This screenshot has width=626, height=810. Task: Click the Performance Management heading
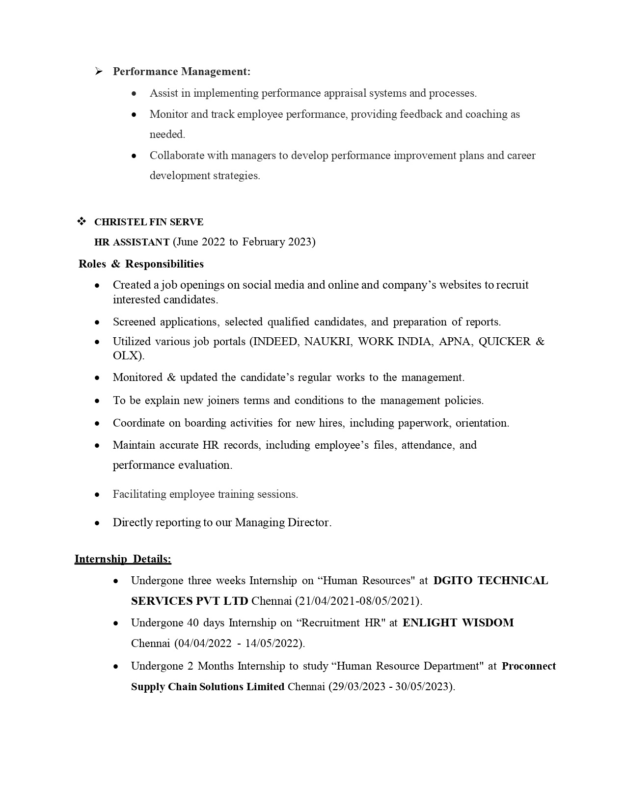coord(181,72)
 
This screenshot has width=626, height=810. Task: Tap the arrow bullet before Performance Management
coord(99,72)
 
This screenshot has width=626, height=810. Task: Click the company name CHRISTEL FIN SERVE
coord(149,222)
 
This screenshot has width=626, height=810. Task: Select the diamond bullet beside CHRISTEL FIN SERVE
coord(82,222)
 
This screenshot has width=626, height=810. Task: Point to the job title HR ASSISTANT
coord(132,242)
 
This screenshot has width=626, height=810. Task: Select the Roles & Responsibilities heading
coord(141,264)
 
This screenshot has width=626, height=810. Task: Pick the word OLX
coord(127,356)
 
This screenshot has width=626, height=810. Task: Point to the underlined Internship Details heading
coord(123,559)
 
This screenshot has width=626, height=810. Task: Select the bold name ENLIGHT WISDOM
coord(458,623)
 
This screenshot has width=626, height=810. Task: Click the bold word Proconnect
coord(529,666)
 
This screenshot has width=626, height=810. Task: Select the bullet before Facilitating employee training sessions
coord(97,495)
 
